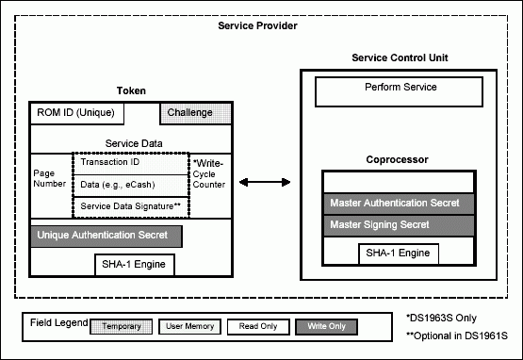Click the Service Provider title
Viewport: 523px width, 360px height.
point(257,25)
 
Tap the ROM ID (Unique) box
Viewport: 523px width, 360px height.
point(76,113)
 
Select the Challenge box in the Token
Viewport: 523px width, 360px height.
point(196,113)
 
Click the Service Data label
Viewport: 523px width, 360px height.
point(134,143)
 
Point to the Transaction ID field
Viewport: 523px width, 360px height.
point(131,163)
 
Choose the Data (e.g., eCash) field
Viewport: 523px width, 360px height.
point(131,185)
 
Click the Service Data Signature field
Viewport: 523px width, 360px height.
point(131,207)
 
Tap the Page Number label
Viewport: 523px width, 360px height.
point(49,178)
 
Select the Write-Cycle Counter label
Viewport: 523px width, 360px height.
point(209,173)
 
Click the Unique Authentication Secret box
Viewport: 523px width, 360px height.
point(106,237)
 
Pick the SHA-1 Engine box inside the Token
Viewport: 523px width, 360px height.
point(135,265)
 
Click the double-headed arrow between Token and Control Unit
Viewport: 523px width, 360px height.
point(265,182)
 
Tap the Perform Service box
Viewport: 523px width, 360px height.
point(399,92)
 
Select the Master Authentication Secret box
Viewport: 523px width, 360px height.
point(399,204)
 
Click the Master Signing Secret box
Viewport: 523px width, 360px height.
point(399,225)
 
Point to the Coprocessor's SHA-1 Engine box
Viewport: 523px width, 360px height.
point(399,254)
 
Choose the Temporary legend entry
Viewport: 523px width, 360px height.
point(122,327)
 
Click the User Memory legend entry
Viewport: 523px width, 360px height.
point(189,327)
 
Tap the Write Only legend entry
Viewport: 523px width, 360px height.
point(327,327)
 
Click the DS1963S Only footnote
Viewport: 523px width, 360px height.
point(441,318)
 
